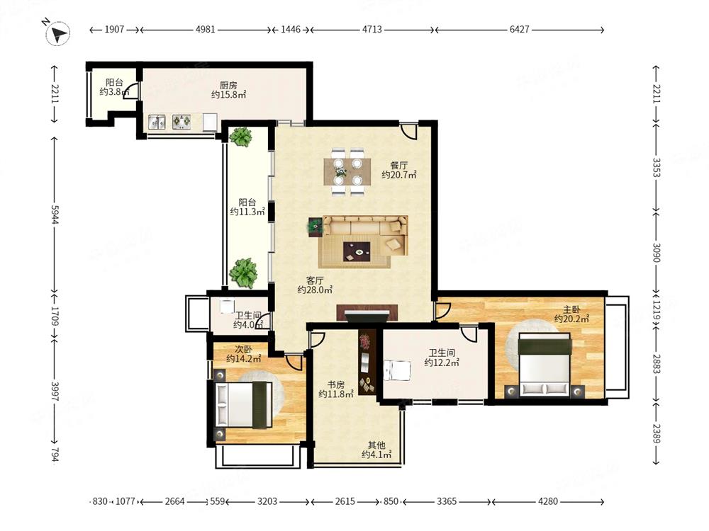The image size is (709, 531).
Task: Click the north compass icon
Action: pos(58,33)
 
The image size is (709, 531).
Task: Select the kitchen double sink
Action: pos(157,122)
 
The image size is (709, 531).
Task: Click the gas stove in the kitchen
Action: pos(182,122)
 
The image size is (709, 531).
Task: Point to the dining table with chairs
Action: pos(347,171)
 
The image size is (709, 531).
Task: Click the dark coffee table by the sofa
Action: pos(357,251)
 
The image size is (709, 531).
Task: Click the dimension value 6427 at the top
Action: pos(519,29)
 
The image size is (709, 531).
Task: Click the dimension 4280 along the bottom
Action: pos(547,501)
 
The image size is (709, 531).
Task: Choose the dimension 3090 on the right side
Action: pos(657,253)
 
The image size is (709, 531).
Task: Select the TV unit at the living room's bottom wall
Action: pos(367,314)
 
